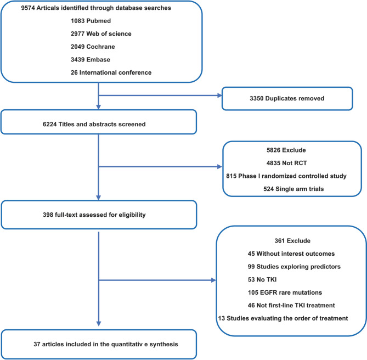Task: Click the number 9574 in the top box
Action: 28,8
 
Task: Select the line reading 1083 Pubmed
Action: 91,21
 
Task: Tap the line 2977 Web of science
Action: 101,33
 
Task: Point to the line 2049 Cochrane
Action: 93,47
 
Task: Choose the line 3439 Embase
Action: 91,59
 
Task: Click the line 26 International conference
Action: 111,72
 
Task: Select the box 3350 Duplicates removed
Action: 287,99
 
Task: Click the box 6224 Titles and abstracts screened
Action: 99,122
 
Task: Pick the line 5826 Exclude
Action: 286,150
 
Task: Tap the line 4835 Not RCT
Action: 286,163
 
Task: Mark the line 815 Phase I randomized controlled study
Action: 286,176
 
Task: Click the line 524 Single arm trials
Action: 293,189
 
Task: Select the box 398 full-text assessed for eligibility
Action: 99,215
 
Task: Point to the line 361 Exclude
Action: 292,240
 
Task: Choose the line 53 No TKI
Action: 262,279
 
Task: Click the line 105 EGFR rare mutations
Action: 285,292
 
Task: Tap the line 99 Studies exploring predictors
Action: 294,267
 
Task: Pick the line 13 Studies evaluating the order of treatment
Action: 283,318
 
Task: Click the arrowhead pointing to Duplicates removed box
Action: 219,95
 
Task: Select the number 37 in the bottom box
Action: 37,344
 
